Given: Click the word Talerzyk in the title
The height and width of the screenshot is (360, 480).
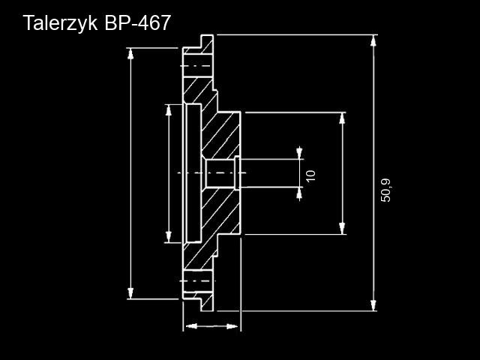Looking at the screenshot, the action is click(61, 23).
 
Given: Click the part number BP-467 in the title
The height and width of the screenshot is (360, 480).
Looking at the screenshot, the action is click(137, 22).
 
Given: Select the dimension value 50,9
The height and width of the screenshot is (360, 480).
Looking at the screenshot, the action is click(385, 190).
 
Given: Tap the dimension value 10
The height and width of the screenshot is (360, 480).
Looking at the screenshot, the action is click(310, 175).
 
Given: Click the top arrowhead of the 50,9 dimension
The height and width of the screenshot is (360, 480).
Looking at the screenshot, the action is click(373, 40).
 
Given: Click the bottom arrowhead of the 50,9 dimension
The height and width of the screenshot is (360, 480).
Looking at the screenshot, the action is click(373, 305).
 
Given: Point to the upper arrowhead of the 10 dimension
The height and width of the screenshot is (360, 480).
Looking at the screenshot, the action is click(299, 153).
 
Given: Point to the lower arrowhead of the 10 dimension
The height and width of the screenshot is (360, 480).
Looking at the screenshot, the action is click(299, 193).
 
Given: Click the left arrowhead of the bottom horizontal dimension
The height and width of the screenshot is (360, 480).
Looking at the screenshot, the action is click(192, 326).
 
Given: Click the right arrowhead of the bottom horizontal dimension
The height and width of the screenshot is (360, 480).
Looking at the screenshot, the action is click(232, 326).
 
